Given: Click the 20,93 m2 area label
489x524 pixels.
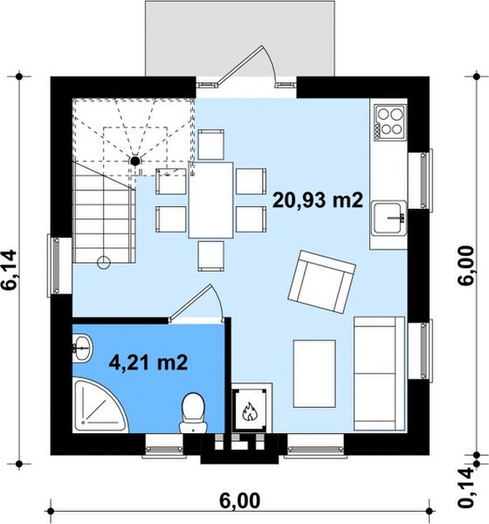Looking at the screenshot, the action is [x=318, y=201].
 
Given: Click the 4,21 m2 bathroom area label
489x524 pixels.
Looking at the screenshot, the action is [x=148, y=362].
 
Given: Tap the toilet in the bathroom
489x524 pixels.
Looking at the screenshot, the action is [x=193, y=413].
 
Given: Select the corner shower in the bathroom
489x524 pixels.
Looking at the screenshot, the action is [x=100, y=405].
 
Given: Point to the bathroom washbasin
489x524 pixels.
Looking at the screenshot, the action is [x=81, y=348].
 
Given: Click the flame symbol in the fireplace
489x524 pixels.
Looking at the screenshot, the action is [x=249, y=411].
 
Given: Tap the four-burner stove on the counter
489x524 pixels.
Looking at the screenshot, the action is [x=390, y=121].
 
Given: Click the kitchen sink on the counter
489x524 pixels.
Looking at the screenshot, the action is [x=389, y=217].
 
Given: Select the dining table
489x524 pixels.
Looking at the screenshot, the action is [x=211, y=200].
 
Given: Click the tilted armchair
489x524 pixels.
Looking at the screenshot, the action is [x=321, y=282].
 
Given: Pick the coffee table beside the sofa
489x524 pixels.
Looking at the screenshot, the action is [x=314, y=374].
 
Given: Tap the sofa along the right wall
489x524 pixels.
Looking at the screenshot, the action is [x=379, y=373].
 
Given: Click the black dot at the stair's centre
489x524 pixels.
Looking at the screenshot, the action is [x=134, y=161].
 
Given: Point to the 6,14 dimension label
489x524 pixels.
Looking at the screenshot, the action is [x=10, y=269].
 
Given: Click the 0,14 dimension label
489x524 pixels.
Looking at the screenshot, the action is [x=466, y=487].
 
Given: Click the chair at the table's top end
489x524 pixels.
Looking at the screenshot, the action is [x=211, y=144].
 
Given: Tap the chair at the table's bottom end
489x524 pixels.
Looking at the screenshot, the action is [x=211, y=256].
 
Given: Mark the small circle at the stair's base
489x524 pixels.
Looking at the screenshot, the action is [x=104, y=262].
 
